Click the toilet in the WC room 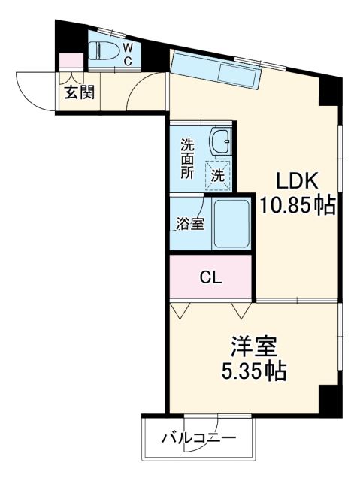[x=104, y=51]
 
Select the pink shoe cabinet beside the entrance [x=71, y=61]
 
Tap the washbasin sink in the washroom [x=219, y=141]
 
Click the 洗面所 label [x=186, y=155]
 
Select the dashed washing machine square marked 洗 [x=217, y=176]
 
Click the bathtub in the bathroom [x=230, y=223]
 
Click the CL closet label [x=210, y=277]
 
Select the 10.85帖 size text [x=298, y=205]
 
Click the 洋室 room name [x=253, y=347]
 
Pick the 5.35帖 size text [x=253, y=371]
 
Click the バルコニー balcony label [x=198, y=438]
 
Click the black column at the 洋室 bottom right [x=329, y=398]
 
